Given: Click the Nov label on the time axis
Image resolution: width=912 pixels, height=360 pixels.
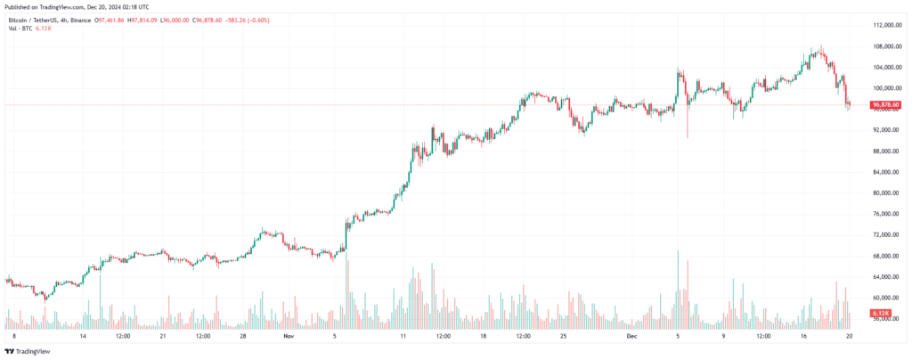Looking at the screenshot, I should point(287,337).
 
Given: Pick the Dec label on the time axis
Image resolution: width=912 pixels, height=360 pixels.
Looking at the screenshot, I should point(631,337).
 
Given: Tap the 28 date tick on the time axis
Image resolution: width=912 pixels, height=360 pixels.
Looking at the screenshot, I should point(243,337).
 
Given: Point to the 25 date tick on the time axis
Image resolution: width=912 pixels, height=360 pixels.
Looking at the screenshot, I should point(564,337).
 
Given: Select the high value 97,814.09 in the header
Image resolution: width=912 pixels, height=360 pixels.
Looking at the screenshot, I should point(142,20).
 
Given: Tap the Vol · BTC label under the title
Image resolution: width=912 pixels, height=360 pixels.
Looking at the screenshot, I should point(19,29).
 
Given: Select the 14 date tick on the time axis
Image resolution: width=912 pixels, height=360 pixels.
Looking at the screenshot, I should point(83,337).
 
